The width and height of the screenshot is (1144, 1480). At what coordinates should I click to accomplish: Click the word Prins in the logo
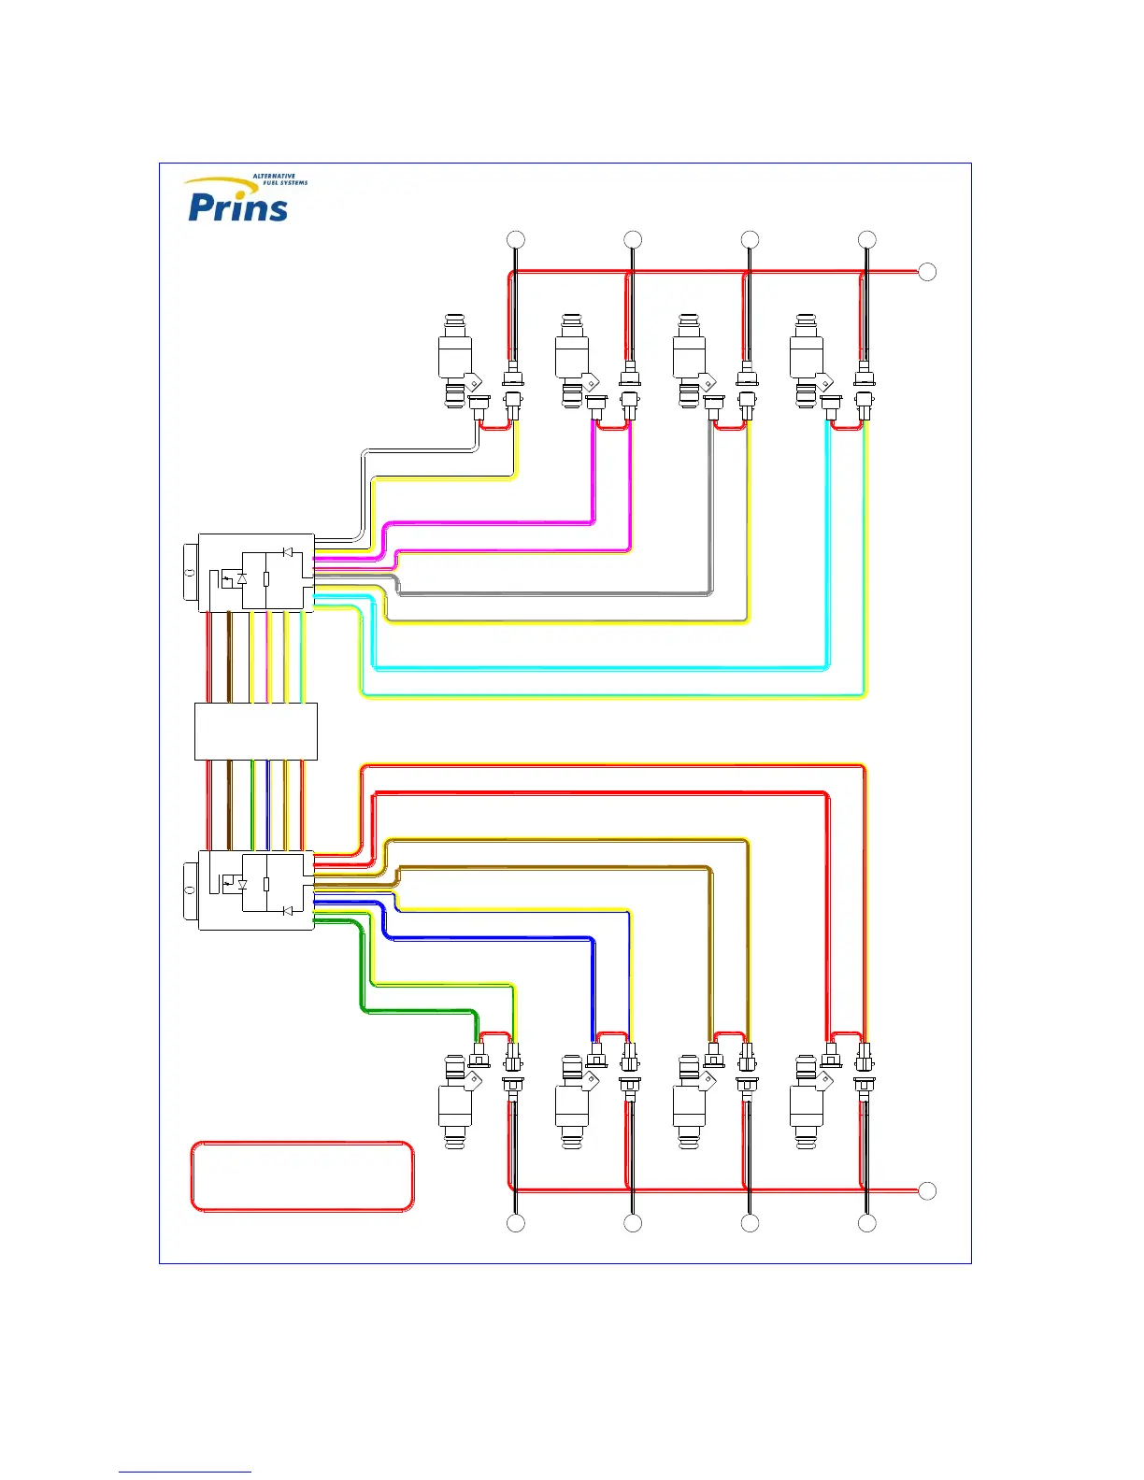[237, 206]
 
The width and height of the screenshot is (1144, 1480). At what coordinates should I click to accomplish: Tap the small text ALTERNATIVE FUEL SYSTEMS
[279, 179]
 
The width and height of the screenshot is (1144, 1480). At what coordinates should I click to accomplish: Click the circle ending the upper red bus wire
[927, 272]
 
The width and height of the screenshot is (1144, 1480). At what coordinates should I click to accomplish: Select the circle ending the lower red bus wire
[927, 1190]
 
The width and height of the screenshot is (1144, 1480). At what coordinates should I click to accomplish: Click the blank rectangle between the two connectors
[255, 732]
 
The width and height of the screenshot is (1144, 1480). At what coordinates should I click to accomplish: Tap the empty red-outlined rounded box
[302, 1176]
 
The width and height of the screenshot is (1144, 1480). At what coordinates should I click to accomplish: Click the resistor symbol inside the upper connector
[266, 579]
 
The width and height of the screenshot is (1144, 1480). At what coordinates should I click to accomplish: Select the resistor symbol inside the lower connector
[266, 883]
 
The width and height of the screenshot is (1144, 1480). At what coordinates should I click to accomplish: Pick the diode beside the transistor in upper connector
[242, 579]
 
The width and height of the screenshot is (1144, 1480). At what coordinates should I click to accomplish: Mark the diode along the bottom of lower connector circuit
[287, 910]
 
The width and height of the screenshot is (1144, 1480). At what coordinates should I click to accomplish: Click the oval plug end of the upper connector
[190, 573]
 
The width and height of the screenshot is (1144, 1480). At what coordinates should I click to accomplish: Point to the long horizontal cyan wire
[598, 669]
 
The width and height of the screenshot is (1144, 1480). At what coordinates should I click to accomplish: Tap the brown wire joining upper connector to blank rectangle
[230, 657]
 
